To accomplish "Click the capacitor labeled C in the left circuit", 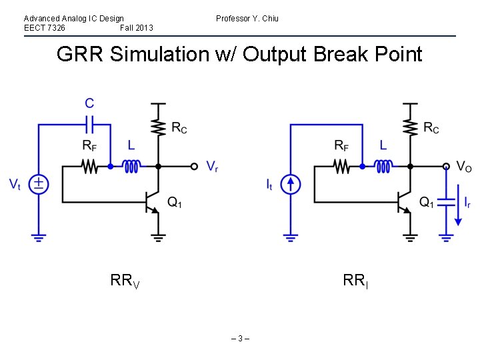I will (89, 124).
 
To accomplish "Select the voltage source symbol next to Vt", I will (39, 183).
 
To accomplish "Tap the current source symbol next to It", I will (291, 183).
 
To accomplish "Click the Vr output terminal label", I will (212, 167).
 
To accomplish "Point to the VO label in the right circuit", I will (465, 167).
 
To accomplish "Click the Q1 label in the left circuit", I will (175, 203).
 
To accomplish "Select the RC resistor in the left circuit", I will (158, 128).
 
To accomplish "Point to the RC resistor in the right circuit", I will (410, 128).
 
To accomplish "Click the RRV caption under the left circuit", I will (125, 281).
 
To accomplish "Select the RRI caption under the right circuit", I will (355, 281).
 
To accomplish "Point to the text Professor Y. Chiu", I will (247, 19).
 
